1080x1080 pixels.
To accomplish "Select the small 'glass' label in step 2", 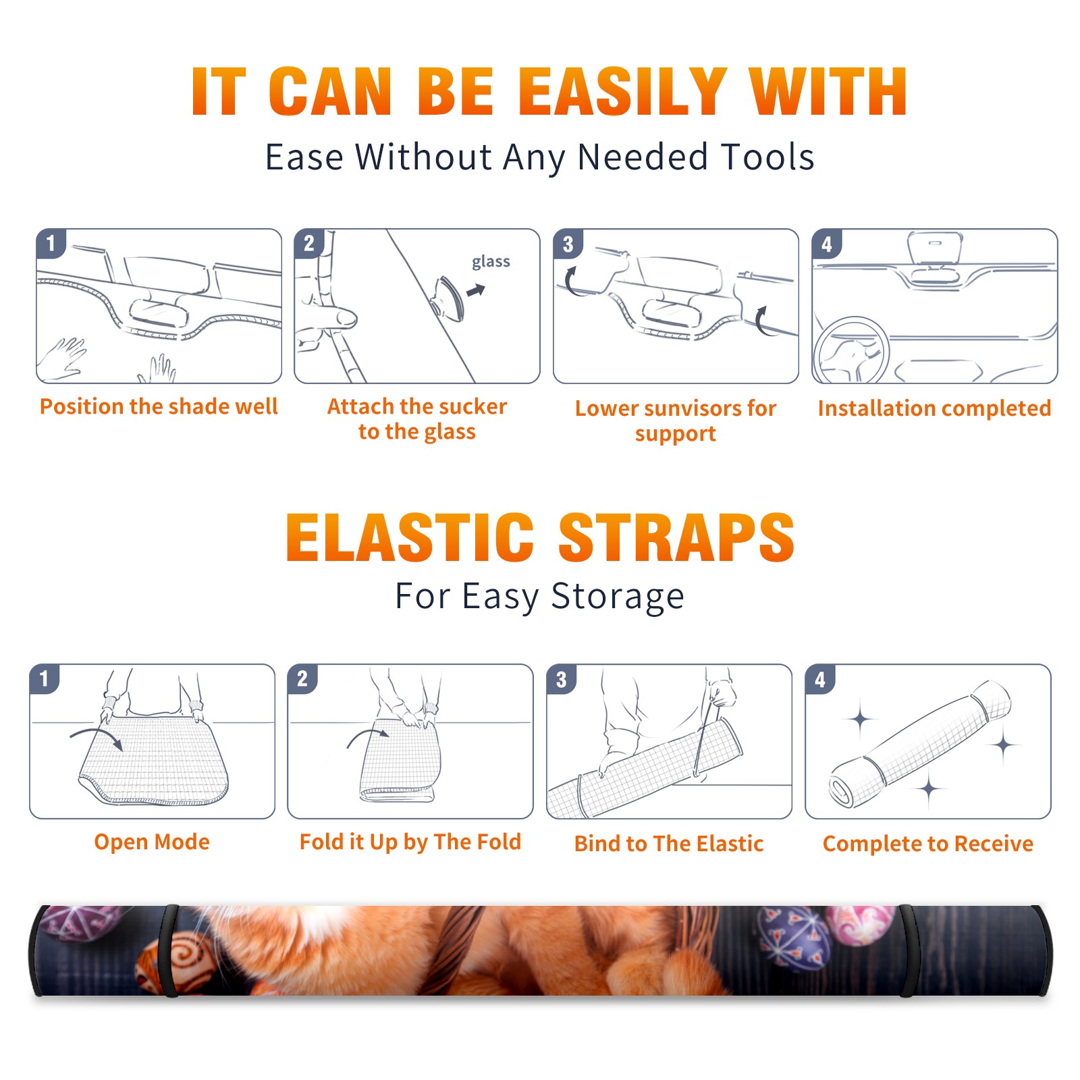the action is (491, 262).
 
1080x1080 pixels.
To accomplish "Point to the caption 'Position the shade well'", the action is (159, 406).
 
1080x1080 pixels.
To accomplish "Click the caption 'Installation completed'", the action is (934, 408).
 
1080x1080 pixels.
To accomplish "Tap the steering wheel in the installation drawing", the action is (851, 350).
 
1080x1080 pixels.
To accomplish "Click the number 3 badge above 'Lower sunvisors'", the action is (568, 244).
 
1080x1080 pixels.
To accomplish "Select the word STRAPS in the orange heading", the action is (676, 537).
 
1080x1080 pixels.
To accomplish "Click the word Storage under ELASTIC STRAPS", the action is (618, 597).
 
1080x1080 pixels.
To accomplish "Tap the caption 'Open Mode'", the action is (152, 842).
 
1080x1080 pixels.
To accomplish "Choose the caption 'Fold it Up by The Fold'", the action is (410, 842).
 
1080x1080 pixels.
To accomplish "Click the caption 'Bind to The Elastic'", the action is (669, 844).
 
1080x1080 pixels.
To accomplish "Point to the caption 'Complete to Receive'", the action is (928, 844).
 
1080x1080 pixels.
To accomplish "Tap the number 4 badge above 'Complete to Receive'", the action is (820, 679).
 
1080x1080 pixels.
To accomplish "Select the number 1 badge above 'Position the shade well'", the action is (51, 243).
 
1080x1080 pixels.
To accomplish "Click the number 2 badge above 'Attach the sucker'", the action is (309, 243).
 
